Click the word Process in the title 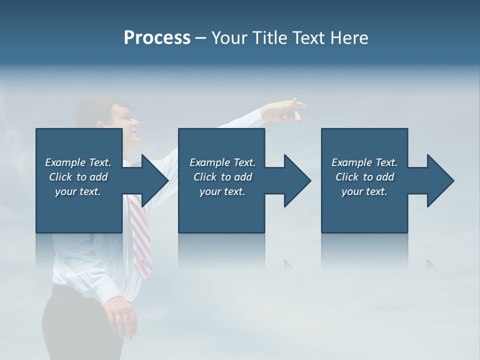[157, 38]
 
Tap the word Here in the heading [348, 38]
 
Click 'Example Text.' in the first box [78, 162]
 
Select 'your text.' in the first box [78, 191]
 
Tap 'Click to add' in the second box [222, 177]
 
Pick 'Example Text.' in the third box [364, 162]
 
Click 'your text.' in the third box [364, 191]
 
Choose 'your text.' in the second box [222, 191]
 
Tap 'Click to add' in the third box [364, 177]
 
